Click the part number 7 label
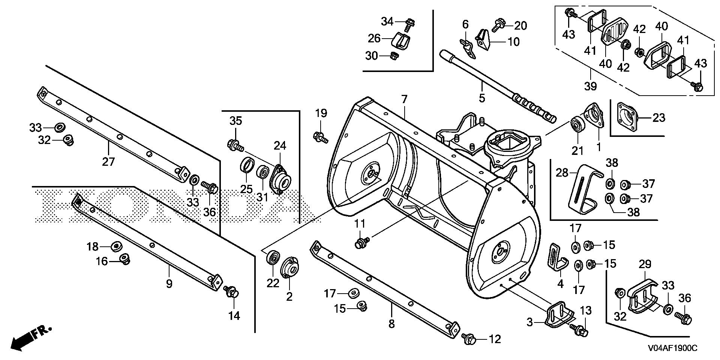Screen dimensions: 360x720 (x=403, y=100)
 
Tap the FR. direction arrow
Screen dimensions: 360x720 (x=30, y=338)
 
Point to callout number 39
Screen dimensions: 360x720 (x=590, y=86)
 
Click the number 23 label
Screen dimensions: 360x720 (x=658, y=117)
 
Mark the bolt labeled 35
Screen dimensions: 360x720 (x=235, y=144)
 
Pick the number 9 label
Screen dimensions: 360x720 (x=169, y=283)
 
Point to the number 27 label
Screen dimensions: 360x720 (x=108, y=162)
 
